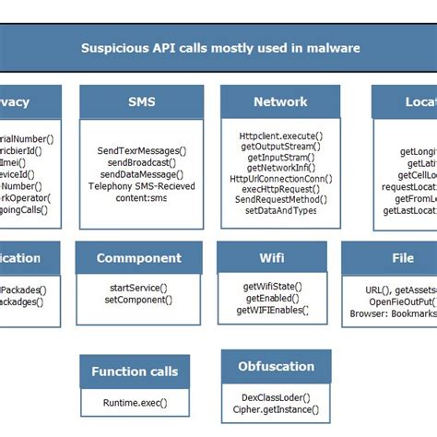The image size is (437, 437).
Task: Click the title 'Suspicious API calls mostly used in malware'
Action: coord(219,48)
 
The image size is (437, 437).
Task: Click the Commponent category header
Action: coord(138,258)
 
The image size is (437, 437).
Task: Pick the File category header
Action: coord(402,258)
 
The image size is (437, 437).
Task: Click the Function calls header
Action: coord(135,372)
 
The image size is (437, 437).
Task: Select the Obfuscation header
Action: coord(276,366)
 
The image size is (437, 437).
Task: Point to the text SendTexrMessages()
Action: coord(141,150)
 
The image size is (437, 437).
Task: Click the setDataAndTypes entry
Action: coord(280,210)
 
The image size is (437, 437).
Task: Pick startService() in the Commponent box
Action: coord(136,289)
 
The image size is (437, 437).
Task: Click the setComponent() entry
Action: coord(136,300)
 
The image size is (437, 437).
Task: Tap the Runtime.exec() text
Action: coord(135,404)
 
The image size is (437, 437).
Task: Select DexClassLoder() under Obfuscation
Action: coord(276,397)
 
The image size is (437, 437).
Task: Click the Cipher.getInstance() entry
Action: coord(276,409)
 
